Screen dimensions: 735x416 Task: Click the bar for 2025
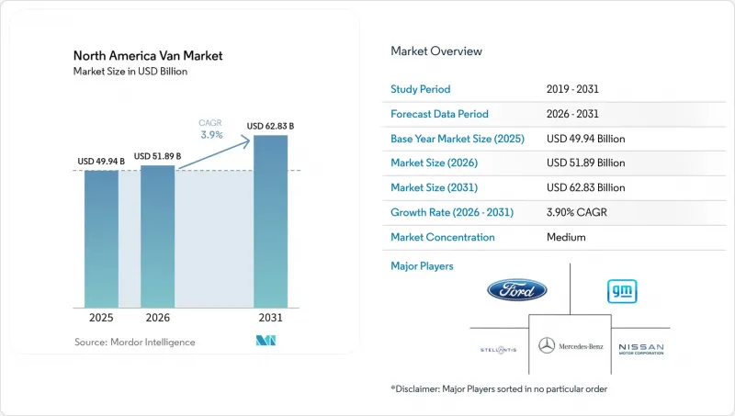pos(101,239)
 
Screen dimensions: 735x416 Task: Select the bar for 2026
pos(157,237)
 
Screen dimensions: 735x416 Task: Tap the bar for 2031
pos(270,221)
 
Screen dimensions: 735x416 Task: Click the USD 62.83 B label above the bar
pos(270,126)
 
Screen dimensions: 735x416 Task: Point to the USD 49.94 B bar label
pos(101,161)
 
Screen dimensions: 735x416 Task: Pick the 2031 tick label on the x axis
pos(270,318)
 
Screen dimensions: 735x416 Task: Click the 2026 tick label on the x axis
pos(157,318)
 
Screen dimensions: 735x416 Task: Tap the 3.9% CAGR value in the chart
pos(211,135)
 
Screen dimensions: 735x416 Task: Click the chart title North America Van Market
pos(148,56)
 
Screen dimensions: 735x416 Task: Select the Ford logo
pos(517,290)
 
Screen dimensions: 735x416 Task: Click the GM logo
pos(622,291)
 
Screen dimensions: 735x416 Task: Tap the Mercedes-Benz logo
pos(571,346)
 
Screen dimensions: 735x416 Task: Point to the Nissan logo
pos(641,349)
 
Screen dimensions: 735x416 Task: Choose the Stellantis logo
pos(498,350)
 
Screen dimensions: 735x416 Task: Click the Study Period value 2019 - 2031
pos(572,89)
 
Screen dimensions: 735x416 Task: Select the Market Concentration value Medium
pos(566,237)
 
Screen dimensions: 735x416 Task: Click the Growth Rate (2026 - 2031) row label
pos(452,212)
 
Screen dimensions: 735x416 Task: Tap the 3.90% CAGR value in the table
pos(577,212)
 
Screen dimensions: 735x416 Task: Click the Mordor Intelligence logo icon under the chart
pos(266,341)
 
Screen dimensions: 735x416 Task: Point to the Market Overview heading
pos(436,51)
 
